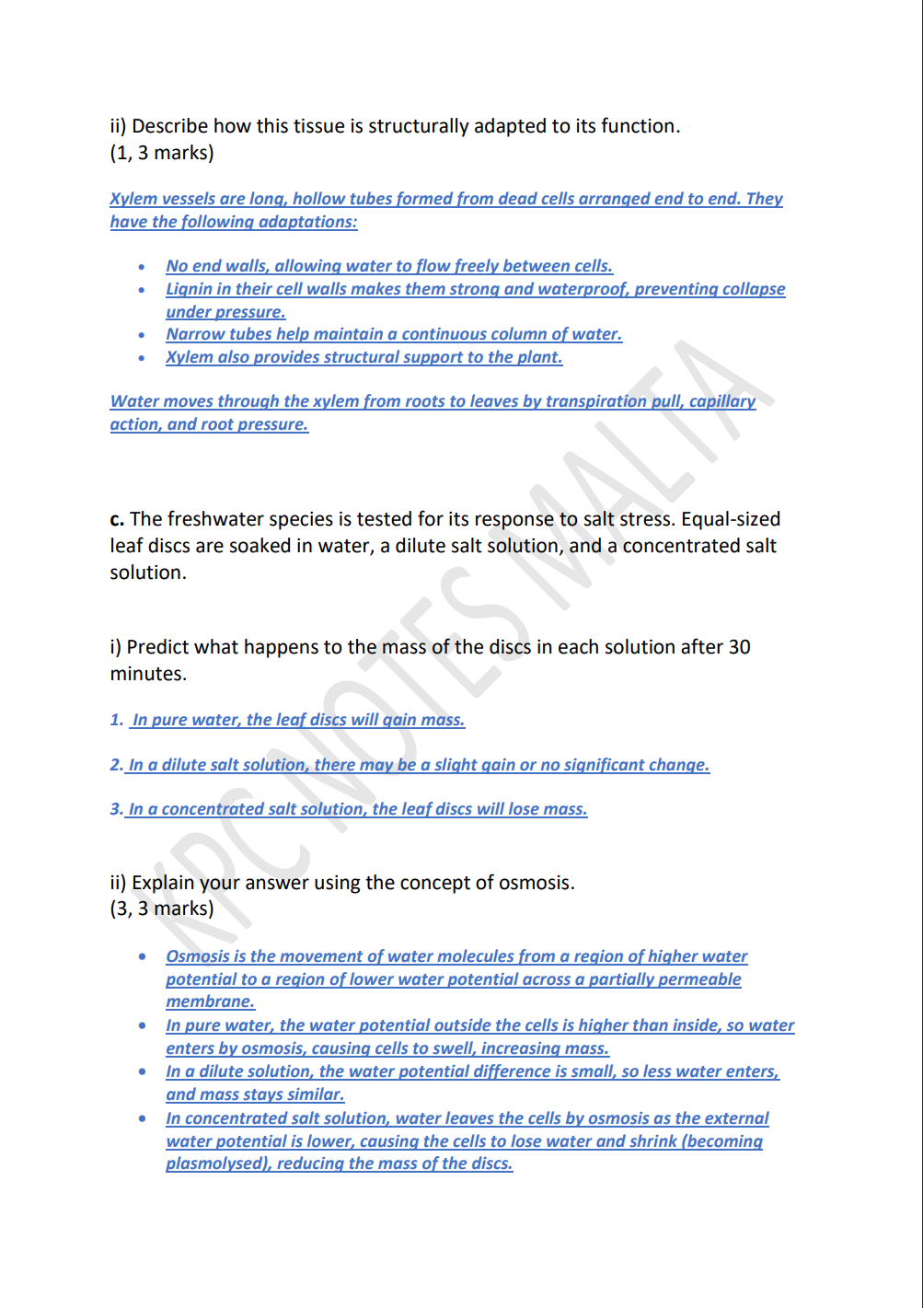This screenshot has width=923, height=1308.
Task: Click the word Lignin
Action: point(188,289)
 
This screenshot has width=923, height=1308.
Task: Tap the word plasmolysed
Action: point(215,1163)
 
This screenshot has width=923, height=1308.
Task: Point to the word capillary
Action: point(722,401)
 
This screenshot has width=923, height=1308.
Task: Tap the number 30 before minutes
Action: point(739,647)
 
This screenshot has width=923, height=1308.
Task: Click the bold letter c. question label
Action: point(117,519)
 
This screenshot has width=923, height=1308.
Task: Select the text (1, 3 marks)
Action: point(162,153)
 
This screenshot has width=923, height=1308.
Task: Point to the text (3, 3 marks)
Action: point(162,909)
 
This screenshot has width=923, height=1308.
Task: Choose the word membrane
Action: point(210,1001)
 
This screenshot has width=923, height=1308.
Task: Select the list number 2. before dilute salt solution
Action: point(117,765)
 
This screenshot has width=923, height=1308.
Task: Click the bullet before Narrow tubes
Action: point(142,335)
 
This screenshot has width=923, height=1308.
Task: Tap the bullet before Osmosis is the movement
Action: point(142,957)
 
